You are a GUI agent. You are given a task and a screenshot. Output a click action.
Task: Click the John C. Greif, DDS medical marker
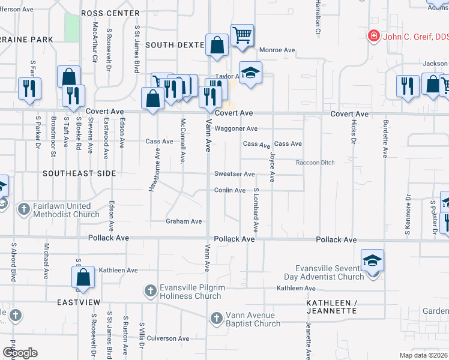(x=374, y=37)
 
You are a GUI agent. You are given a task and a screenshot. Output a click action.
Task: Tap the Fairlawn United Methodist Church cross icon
(x=24, y=209)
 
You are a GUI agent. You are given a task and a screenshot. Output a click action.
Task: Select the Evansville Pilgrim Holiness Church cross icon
(x=151, y=291)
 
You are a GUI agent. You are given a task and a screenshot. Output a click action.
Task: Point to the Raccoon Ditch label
(x=315, y=163)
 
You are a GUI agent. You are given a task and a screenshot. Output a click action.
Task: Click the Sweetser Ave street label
(x=235, y=174)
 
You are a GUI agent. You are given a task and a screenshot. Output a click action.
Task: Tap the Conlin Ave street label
(x=230, y=190)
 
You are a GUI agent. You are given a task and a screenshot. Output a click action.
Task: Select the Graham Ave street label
(x=184, y=221)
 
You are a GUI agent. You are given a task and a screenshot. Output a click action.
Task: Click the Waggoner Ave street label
(x=236, y=128)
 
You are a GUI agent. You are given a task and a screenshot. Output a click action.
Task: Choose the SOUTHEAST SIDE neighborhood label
(x=78, y=173)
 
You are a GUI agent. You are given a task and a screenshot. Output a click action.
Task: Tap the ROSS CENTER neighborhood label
(x=110, y=13)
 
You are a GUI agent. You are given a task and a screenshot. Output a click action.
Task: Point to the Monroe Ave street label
(x=277, y=50)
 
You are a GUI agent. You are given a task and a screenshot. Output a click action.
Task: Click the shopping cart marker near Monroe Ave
(x=242, y=35)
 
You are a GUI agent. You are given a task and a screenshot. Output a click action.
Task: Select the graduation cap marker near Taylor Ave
(x=251, y=72)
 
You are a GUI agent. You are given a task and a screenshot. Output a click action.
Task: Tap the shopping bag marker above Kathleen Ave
(x=83, y=277)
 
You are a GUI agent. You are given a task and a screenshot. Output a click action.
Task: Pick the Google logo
(x=20, y=353)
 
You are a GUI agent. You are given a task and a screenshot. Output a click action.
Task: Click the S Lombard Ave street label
(x=256, y=210)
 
